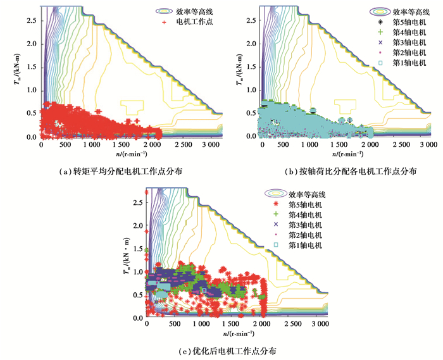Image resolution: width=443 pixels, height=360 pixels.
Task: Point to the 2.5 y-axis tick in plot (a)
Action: click(29, 20)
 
